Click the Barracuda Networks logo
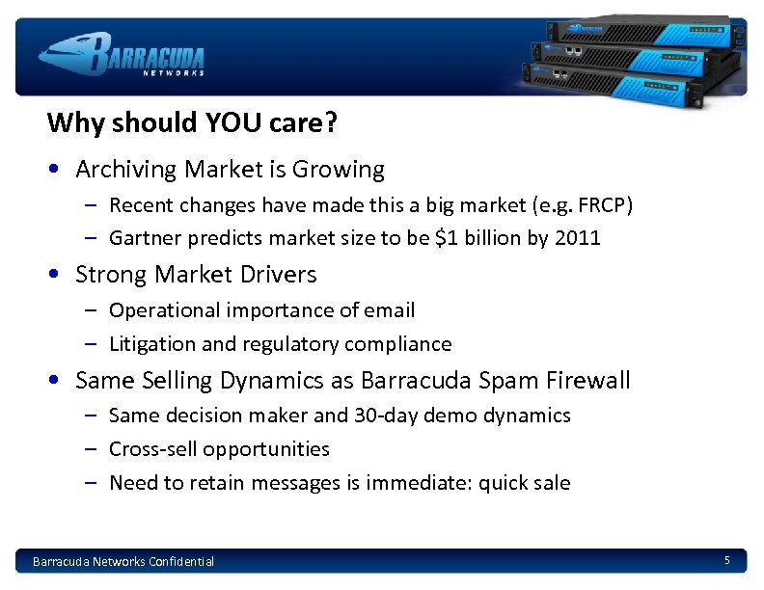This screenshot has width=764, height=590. [123, 54]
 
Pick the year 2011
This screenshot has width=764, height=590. [578, 237]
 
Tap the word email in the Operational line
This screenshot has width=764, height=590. [391, 310]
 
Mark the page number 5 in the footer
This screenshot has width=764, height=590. [727, 560]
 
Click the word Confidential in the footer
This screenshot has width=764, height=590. [180, 561]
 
